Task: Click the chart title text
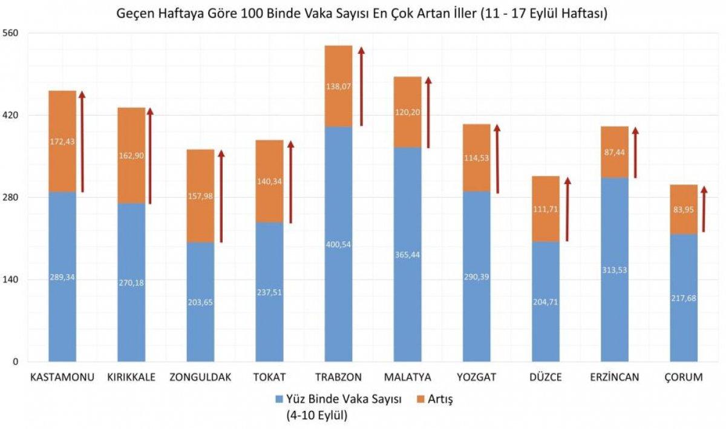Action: tap(363, 13)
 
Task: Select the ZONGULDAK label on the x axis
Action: tap(200, 378)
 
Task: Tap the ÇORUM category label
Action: tap(684, 378)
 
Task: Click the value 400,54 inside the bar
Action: tap(338, 244)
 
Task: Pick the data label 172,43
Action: tap(62, 142)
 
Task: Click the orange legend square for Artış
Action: tap(422, 399)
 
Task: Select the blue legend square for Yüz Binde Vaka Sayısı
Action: tap(279, 399)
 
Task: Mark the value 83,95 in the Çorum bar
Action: tap(684, 210)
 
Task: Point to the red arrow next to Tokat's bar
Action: tap(290, 182)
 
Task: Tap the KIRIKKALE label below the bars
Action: tap(131, 378)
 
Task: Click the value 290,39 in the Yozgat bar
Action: tap(477, 276)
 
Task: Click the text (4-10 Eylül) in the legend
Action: tap(318, 416)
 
